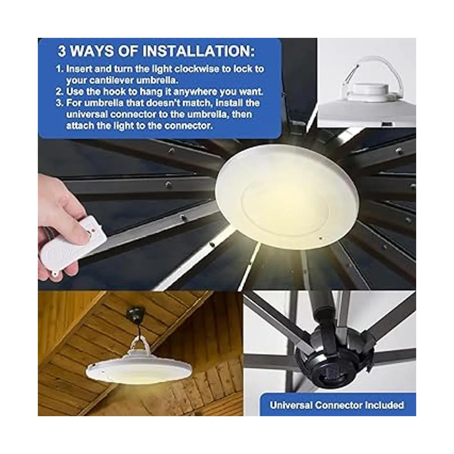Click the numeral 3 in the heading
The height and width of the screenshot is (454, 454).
tap(62, 51)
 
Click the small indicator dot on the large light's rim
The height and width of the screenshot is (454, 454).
tap(320, 239)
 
